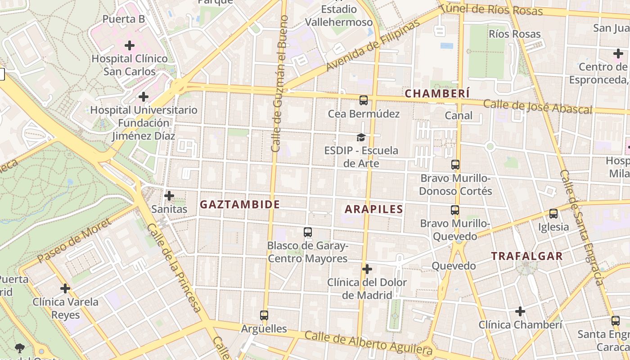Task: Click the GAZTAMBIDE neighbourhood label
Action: click(240, 205)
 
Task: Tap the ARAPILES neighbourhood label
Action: click(373, 209)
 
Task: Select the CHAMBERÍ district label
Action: click(437, 94)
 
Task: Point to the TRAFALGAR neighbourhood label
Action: click(526, 256)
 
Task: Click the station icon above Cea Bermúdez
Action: click(363, 100)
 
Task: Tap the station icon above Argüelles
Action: click(264, 315)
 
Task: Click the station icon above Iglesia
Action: click(553, 214)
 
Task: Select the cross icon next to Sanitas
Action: click(169, 196)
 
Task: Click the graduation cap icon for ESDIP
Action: click(361, 137)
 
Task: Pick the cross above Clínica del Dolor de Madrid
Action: click(367, 269)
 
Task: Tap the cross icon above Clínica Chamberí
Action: click(520, 311)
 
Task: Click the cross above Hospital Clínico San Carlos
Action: click(130, 45)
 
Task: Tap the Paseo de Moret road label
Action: click(74, 241)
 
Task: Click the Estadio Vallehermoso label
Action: click(339, 16)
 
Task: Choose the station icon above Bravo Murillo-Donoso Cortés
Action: click(455, 165)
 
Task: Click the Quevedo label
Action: click(454, 266)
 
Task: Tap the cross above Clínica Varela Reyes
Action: click(65, 288)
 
